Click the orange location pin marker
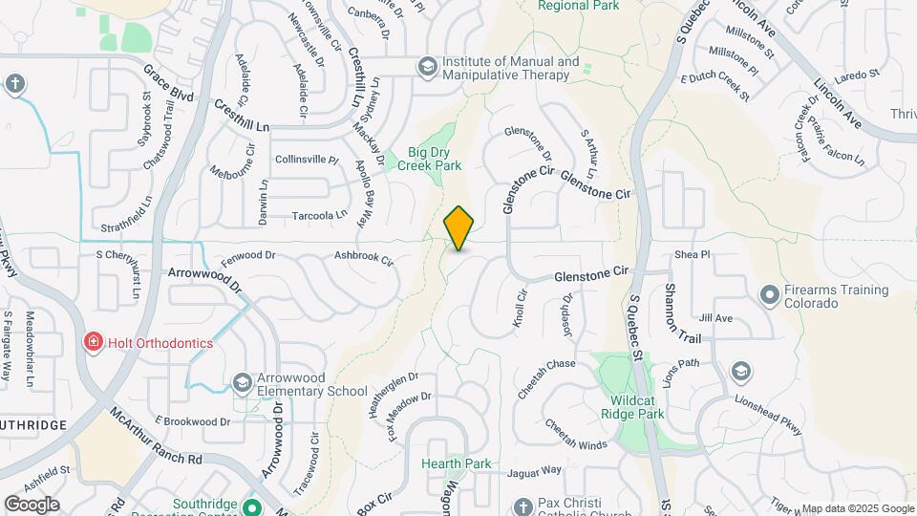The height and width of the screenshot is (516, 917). click(459, 228)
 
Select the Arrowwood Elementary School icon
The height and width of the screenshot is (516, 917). click(243, 383)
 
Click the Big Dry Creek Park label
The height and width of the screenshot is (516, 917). click(435, 159)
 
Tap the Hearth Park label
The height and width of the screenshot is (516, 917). click(457, 464)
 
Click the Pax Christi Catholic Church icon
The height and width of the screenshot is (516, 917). click(522, 505)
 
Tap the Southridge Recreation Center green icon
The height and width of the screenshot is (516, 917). click(252, 506)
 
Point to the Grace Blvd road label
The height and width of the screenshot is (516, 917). click(168, 83)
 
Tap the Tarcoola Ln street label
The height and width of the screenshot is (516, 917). click(319, 215)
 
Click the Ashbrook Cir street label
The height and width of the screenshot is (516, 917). click(364, 257)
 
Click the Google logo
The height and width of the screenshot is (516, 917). click(32, 505)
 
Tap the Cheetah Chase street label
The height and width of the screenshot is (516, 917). click(546, 364)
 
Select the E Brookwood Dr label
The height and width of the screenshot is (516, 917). click(193, 421)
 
